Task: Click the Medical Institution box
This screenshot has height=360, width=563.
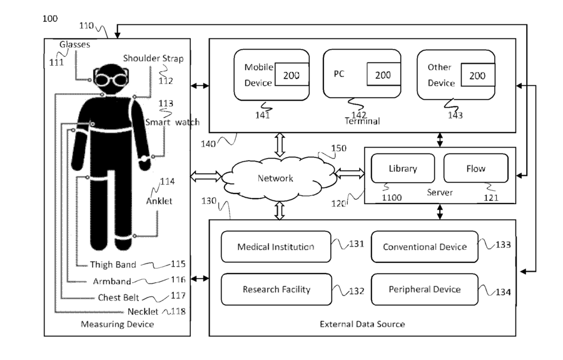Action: (276, 247)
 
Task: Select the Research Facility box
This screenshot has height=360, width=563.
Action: (276, 289)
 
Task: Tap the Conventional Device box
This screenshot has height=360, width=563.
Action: (424, 247)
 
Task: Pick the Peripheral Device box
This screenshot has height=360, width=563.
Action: (424, 289)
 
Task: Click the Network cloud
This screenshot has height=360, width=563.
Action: (278, 178)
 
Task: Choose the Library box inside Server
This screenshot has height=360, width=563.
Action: (402, 168)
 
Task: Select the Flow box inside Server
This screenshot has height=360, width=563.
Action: (476, 168)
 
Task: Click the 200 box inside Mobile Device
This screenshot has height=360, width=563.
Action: (292, 75)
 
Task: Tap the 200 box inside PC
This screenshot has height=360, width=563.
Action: (383, 75)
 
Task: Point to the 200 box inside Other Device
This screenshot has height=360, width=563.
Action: (477, 75)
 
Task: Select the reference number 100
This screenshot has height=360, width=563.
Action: (50, 18)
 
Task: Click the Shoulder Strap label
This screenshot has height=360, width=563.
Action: (153, 58)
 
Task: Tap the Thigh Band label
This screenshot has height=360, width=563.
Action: (113, 264)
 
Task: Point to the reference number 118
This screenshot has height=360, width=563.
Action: (178, 311)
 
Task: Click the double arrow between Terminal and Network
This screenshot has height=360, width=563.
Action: (280, 145)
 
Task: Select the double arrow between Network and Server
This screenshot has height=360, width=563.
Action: (350, 173)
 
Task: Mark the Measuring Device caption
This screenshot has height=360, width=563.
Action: (118, 324)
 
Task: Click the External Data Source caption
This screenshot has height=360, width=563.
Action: (362, 324)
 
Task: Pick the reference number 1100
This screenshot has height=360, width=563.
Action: (392, 197)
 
